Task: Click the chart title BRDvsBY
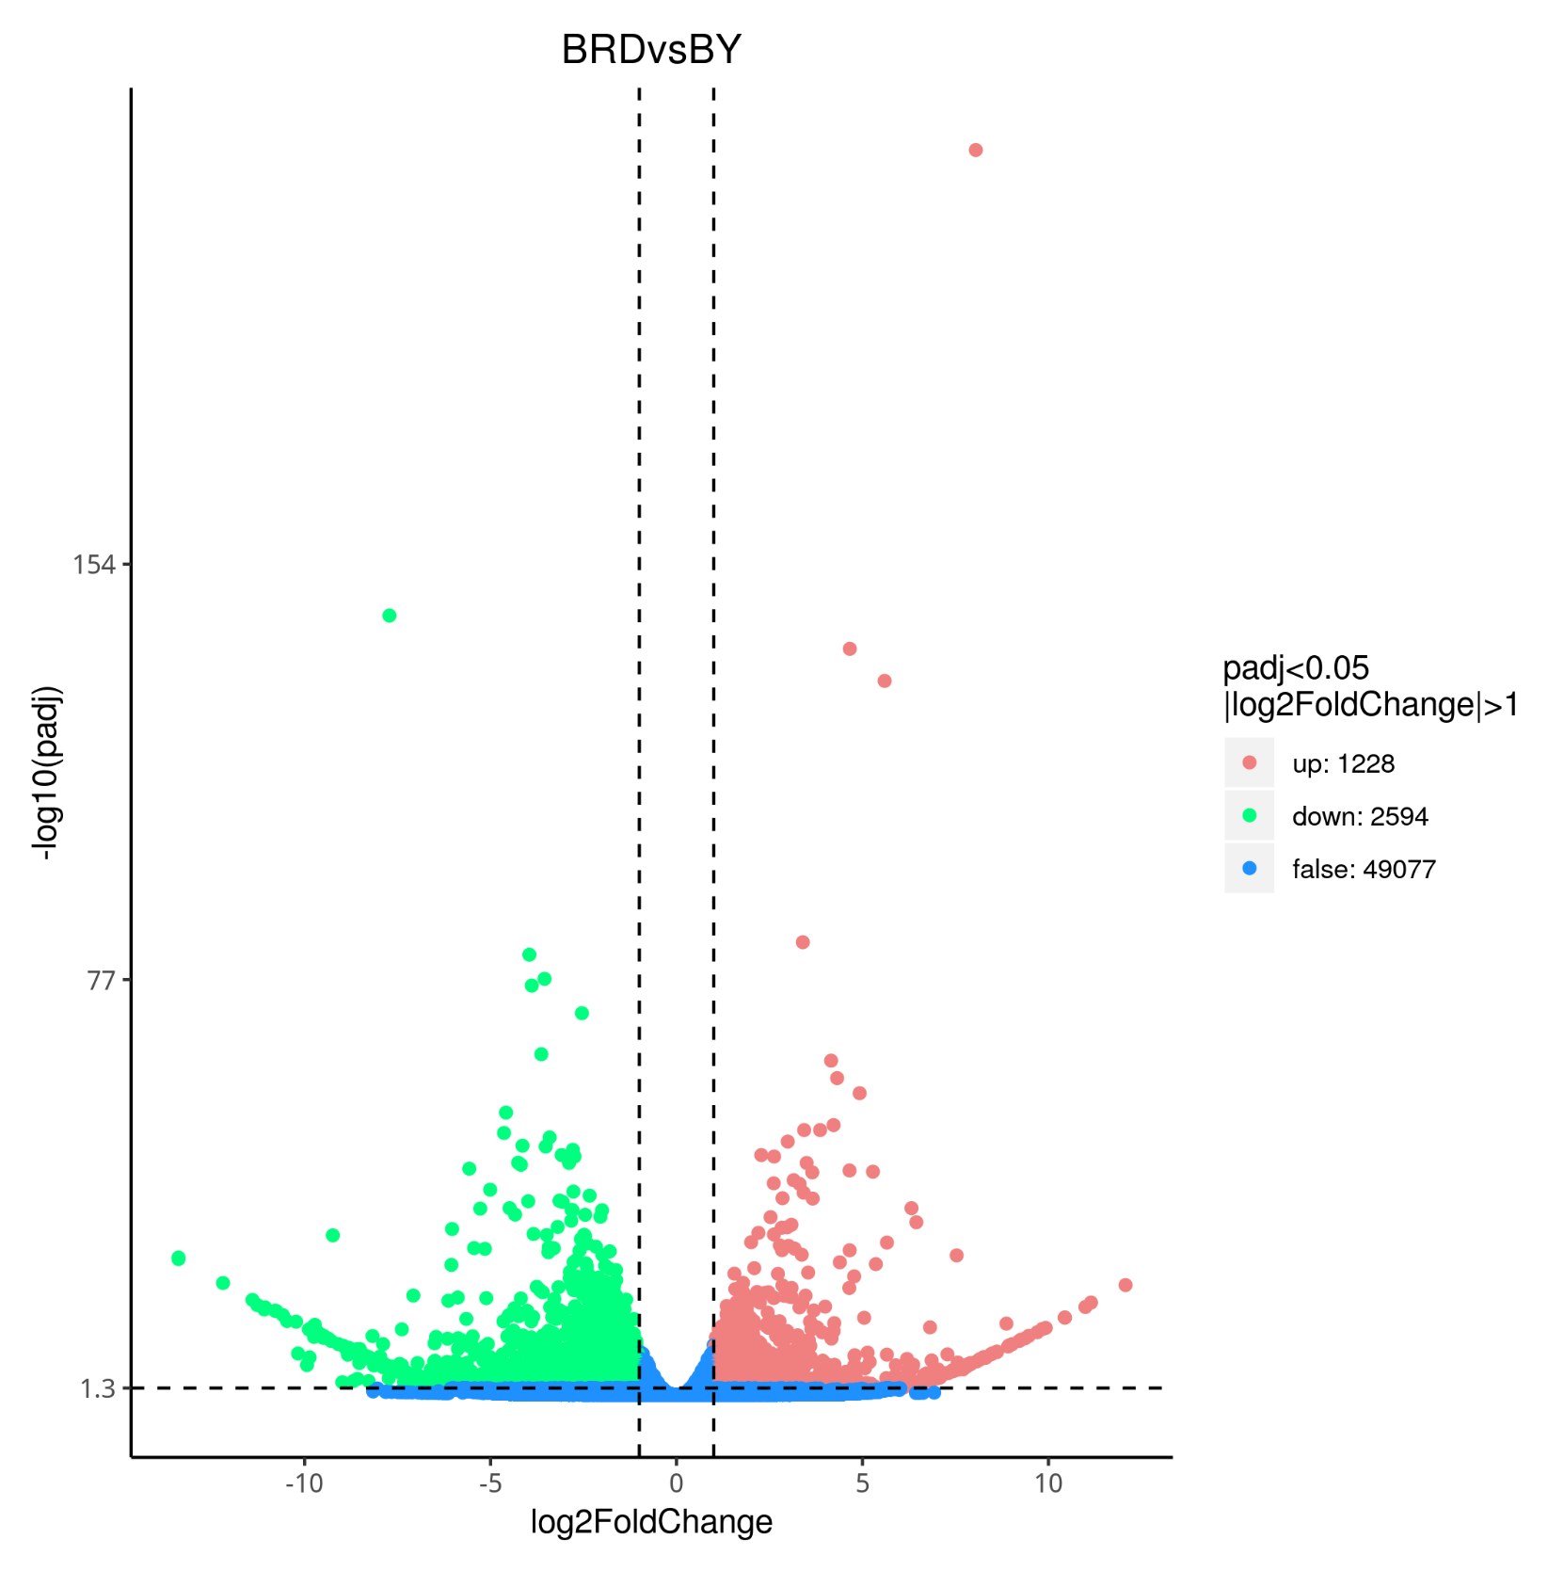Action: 651,50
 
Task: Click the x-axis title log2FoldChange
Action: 651,1522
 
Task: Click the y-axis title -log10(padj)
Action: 47,772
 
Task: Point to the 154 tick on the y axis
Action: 93,565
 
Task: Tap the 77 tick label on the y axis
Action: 100,981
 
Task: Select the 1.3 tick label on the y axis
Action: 97,1389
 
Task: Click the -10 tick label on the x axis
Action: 303,1484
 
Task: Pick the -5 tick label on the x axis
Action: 489,1484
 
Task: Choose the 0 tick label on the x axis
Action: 676,1484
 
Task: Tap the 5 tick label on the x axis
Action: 862,1484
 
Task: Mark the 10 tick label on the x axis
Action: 1048,1484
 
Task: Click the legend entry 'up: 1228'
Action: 1343,763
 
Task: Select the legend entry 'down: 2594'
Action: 1360,816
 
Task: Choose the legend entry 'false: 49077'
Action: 1364,869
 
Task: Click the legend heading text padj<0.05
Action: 1296,668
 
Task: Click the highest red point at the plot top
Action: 976,151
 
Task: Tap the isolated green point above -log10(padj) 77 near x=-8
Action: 390,616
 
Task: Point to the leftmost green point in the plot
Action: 179,1258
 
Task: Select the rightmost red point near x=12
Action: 1125,1285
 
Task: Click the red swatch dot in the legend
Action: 1250,763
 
